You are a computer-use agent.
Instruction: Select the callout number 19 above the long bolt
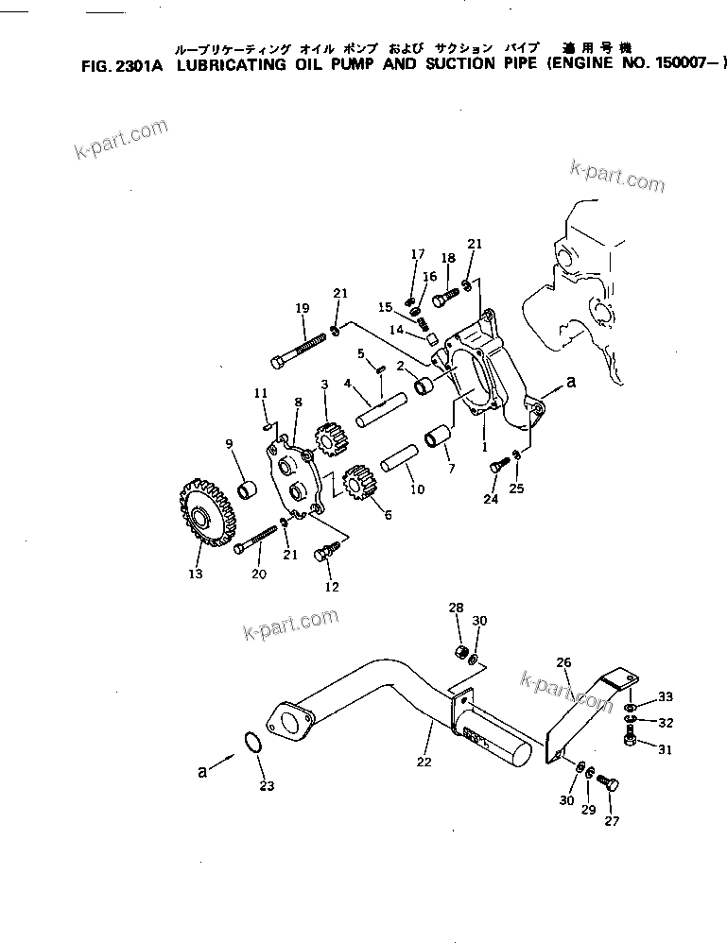303,308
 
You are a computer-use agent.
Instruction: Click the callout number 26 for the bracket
563,663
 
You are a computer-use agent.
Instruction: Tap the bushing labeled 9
248,489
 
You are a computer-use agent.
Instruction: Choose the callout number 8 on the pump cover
298,403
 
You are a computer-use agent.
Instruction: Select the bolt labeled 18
445,299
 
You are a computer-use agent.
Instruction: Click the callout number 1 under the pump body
485,443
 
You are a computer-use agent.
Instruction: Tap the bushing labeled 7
439,441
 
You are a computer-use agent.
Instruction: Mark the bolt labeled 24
495,464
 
